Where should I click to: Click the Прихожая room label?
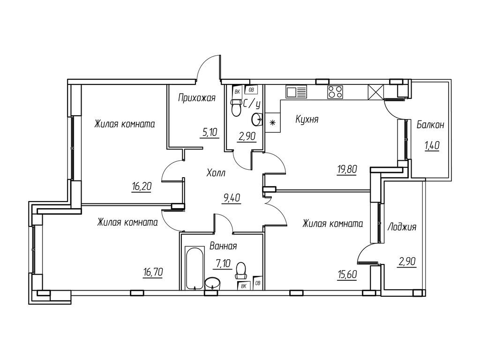click(x=197, y=98)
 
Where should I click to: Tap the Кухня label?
click(x=307, y=119)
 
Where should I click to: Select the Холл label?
click(x=216, y=173)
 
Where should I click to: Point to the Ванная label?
click(x=223, y=246)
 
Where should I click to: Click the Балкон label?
click(x=430, y=125)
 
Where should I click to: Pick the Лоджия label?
click(x=402, y=227)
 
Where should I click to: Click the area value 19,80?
click(x=347, y=169)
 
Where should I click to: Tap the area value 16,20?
click(x=142, y=186)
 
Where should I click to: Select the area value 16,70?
click(x=152, y=271)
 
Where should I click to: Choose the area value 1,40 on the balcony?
click(x=432, y=146)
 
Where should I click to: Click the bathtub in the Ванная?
click(x=195, y=269)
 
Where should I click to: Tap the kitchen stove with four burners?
click(x=335, y=92)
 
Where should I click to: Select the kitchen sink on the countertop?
click(x=296, y=91)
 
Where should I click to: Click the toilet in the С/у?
click(x=236, y=108)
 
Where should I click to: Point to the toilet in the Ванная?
click(x=241, y=270)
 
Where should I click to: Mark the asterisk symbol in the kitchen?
click(x=272, y=123)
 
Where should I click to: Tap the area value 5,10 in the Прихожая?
click(x=210, y=133)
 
